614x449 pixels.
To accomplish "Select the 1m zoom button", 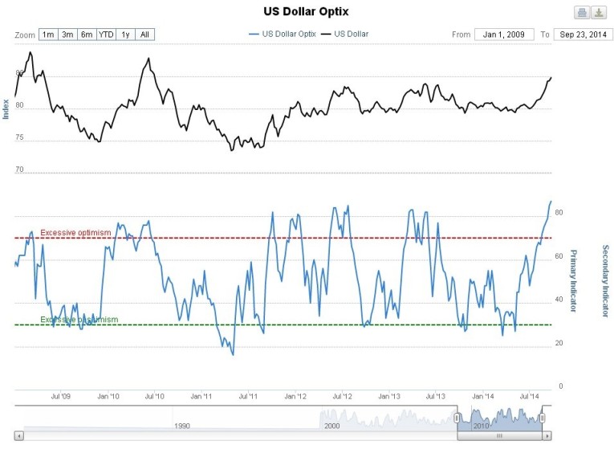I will coord(48,35).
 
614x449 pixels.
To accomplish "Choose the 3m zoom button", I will coord(68,35).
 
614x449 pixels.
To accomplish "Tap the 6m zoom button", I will coord(87,35).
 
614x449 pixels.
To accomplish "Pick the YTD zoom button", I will coord(106,35).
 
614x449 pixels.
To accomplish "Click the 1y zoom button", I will coord(125,35).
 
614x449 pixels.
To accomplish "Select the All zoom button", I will coord(144,35).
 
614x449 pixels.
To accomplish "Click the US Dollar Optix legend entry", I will coord(282,35).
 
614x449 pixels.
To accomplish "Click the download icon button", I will coord(599,12).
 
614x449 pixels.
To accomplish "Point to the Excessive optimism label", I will coord(75,232).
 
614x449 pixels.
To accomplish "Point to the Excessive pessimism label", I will coord(79,319).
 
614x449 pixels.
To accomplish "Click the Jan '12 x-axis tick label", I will coord(296,397).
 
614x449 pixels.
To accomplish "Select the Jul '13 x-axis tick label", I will coord(436,397).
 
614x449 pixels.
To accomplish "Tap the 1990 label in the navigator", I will coord(183,427).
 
